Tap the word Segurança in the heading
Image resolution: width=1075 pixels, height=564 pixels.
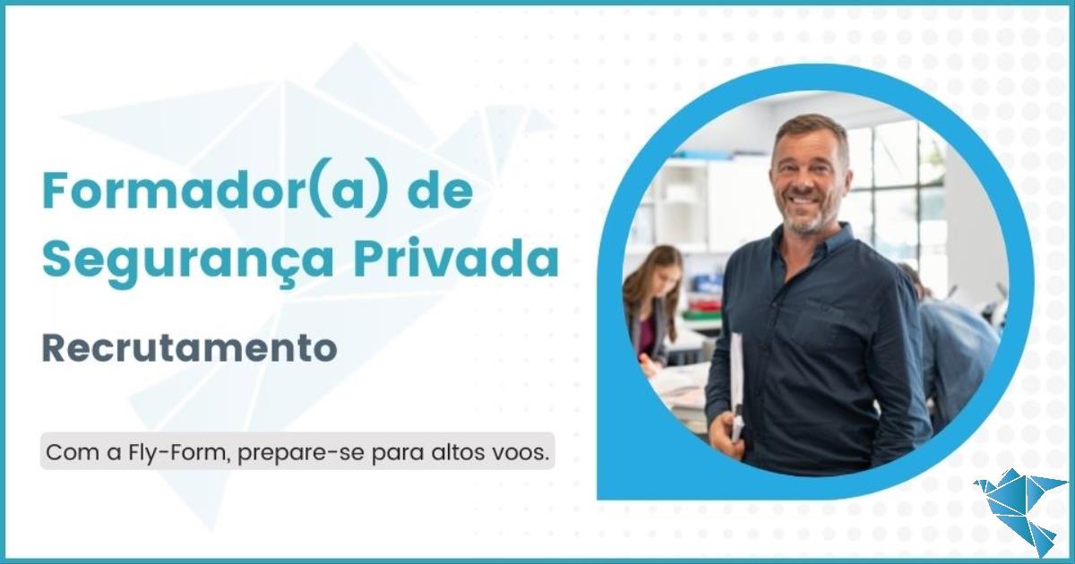click(x=187, y=261)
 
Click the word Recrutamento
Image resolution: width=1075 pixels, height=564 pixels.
click(x=190, y=348)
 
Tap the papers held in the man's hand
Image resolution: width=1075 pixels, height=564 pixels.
click(x=736, y=384)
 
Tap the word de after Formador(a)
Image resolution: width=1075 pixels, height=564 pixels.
click(x=440, y=191)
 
